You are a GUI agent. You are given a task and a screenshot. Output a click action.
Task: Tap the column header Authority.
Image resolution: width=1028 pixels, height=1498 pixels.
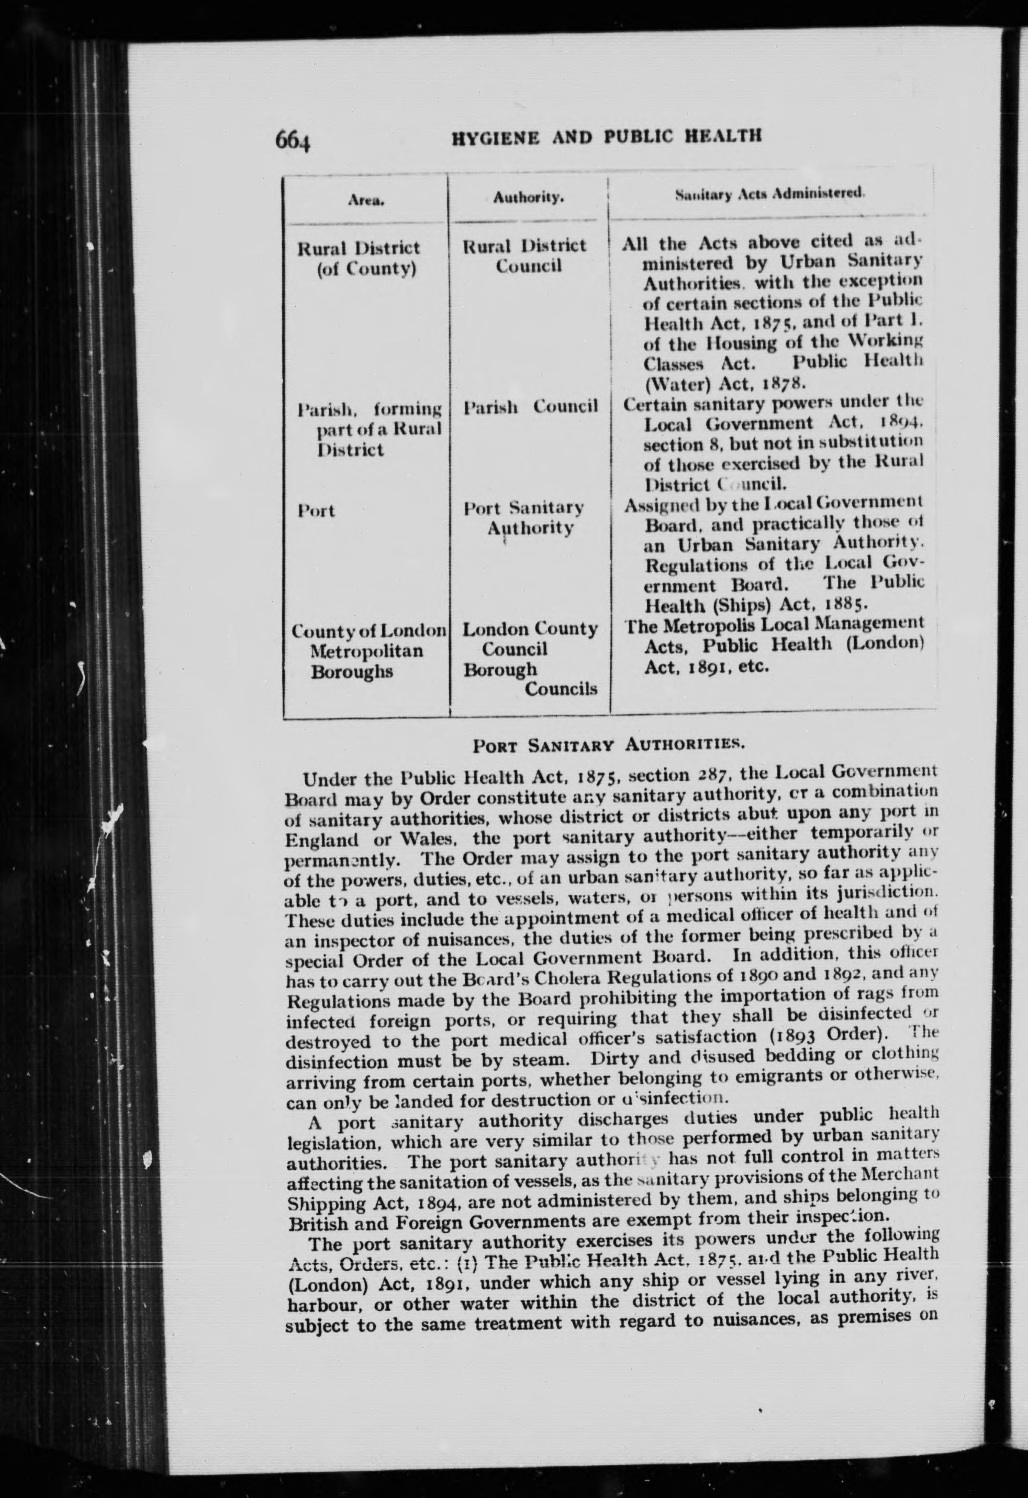pos(529,198)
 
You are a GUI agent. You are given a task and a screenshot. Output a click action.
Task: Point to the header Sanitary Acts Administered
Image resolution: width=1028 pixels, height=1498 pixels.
pos(769,193)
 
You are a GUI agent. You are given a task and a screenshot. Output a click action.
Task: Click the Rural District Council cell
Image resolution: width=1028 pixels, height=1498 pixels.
pos(526,256)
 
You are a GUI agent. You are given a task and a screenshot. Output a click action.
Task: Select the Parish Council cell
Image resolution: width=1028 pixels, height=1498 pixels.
pos(530,407)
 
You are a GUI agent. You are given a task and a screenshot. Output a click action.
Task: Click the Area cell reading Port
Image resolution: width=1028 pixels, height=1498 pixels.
pos(317,511)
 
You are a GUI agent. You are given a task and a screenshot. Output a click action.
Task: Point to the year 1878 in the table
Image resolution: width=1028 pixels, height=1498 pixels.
pos(783,385)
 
